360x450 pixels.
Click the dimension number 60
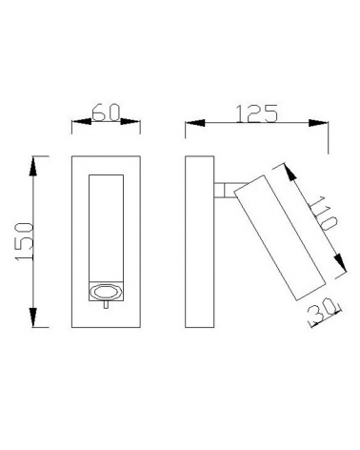coord(105,114)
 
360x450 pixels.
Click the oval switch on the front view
coord(105,293)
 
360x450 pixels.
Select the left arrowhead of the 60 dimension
coord(76,124)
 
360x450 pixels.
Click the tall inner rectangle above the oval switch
coord(105,227)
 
